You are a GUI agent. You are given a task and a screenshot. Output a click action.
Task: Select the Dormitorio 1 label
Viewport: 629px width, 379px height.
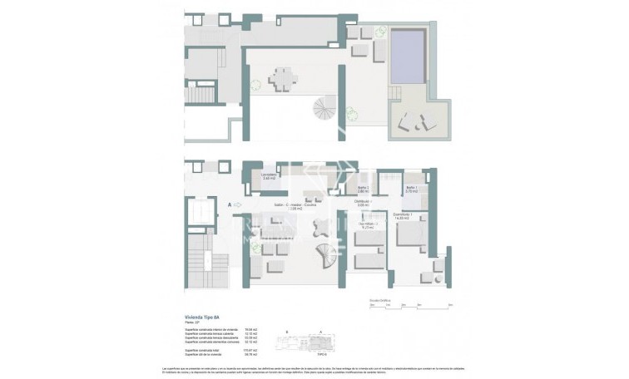pyautogui.click(x=405, y=216)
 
